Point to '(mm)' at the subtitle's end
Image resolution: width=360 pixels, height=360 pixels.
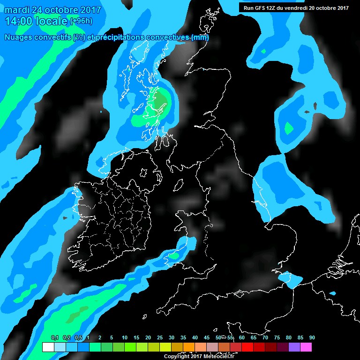pos(200,37)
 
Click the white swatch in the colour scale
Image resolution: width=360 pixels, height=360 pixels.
pos(48,347)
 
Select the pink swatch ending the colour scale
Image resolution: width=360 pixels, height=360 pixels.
pos(306,347)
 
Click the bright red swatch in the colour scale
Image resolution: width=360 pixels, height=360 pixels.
pos(247,347)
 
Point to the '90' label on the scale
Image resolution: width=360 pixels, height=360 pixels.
pos(312,338)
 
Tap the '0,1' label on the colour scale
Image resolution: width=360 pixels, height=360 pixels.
pos(54,338)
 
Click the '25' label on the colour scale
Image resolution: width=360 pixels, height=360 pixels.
pos(159,338)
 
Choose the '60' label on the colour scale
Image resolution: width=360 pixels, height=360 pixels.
pos(241,338)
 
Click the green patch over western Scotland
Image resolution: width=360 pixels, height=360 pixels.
pos(159,100)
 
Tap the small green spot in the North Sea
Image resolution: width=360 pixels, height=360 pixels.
pos(289,127)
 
